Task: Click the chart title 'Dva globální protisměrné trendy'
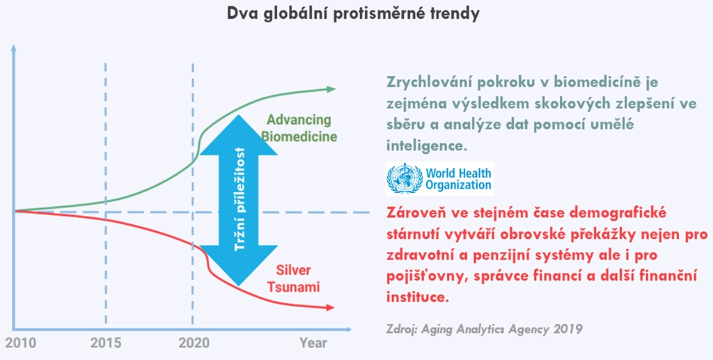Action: pos(353,15)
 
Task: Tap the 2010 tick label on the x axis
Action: pos(20,343)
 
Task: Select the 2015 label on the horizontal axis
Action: pos(106,343)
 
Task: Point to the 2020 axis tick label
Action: pos(194,343)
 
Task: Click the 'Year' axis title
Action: pos(313,343)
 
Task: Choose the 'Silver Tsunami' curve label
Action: pos(294,279)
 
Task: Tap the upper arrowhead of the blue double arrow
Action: pos(239,134)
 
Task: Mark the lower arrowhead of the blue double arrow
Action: pos(239,265)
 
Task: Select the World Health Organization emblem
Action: pos(405,179)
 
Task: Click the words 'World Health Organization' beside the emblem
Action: pos(458,179)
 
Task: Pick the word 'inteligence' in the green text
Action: pos(427,146)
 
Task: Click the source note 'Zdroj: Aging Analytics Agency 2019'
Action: pos(485,329)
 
